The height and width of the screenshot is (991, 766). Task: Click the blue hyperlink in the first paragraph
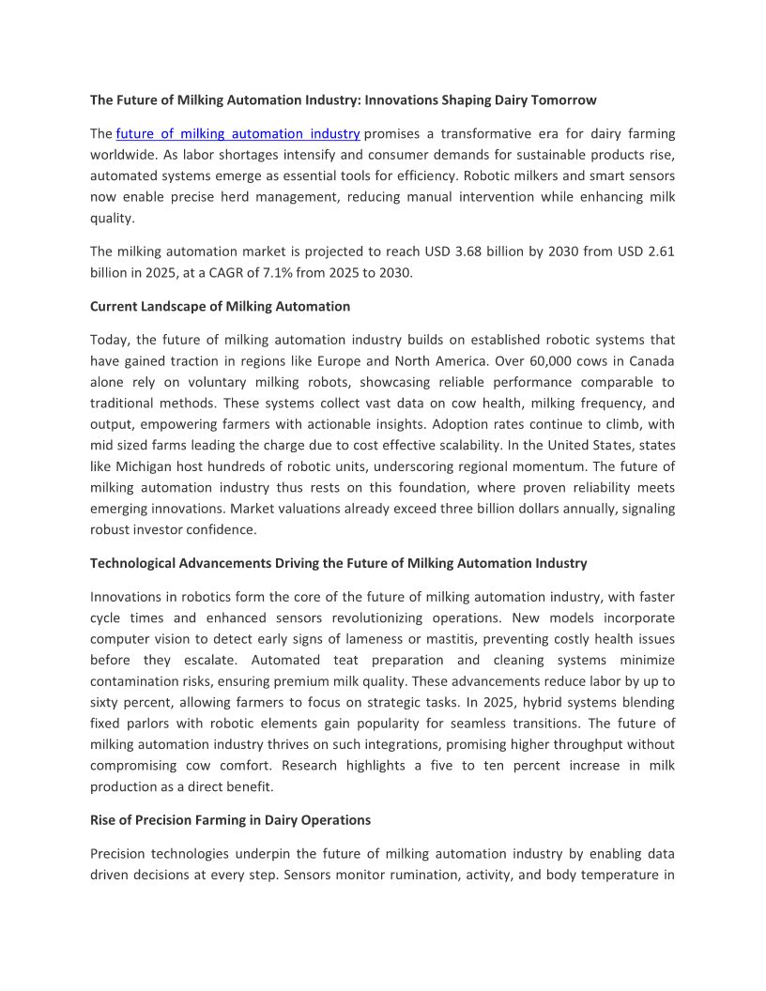click(238, 134)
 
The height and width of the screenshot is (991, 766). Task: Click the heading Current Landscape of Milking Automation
click(220, 306)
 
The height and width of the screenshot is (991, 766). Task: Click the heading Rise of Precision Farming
click(230, 820)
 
